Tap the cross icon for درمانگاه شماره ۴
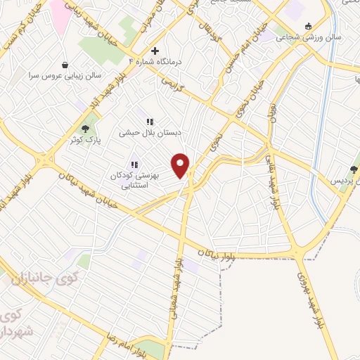155,51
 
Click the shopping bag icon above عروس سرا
66,63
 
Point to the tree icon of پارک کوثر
86,129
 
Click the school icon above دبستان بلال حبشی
149,121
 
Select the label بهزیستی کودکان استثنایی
131,181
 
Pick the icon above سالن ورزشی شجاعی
307,26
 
